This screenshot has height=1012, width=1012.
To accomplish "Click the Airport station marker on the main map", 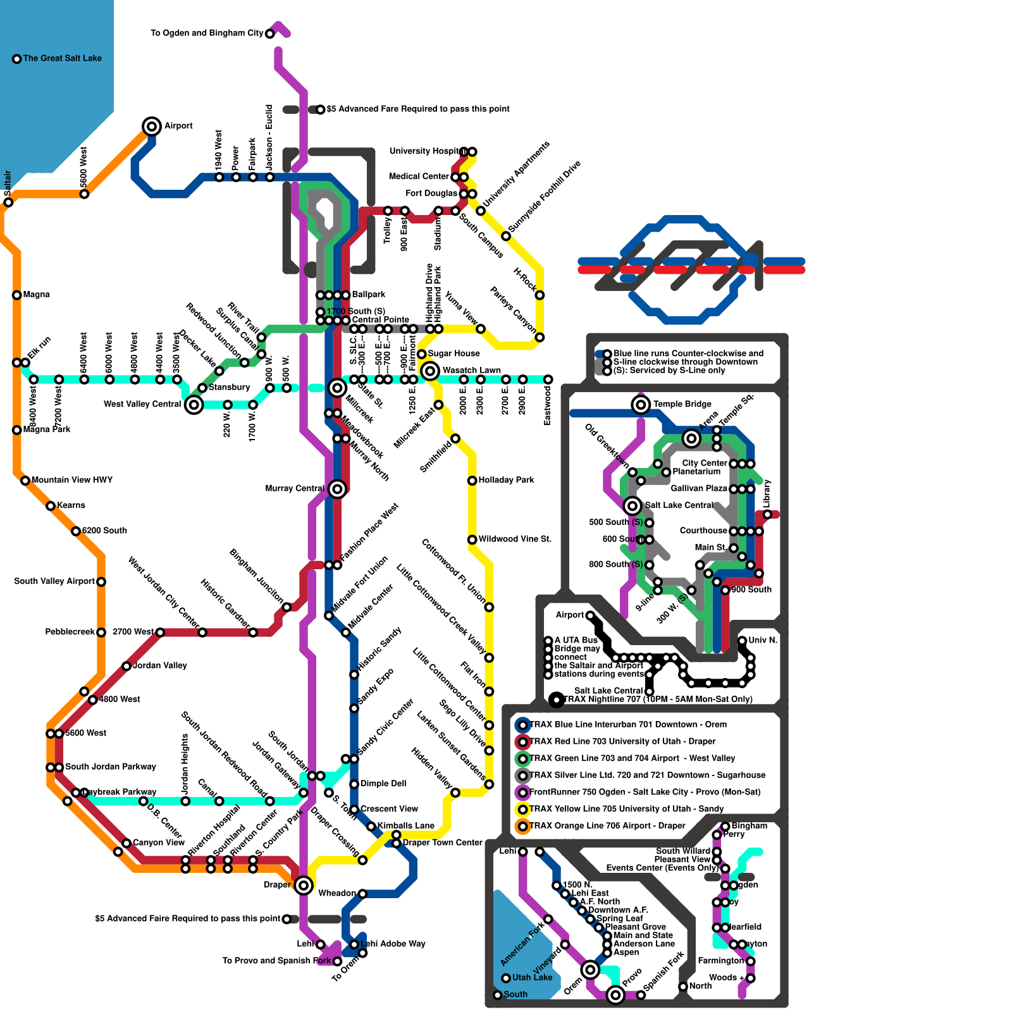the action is [152, 126].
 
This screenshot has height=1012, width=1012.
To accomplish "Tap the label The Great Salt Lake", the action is [62, 58].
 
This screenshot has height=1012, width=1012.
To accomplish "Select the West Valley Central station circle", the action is [194, 404].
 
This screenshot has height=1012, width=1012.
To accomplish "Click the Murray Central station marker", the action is [337, 488].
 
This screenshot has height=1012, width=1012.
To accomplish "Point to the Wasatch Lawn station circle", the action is [430, 371].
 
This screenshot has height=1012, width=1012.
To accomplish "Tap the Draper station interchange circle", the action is [304, 885].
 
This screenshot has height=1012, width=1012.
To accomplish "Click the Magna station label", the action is [36, 295].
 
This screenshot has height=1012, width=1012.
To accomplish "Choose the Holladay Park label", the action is [506, 480].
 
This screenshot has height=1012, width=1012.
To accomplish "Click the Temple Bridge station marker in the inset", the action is [641, 404].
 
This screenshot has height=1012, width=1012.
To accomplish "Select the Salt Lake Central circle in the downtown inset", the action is [632, 505].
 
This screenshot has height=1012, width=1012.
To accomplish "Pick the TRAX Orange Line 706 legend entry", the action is [607, 826].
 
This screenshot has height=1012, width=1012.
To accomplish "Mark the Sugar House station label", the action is [454, 354].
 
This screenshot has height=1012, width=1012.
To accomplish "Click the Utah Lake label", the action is [532, 977].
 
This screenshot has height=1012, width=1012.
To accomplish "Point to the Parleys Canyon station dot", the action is [540, 337].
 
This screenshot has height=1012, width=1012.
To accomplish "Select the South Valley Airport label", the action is [54, 581].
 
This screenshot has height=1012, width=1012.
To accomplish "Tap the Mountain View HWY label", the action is [71, 480].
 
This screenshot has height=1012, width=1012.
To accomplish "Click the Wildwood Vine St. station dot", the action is [472, 540].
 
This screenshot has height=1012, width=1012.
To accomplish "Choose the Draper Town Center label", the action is [442, 842].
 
